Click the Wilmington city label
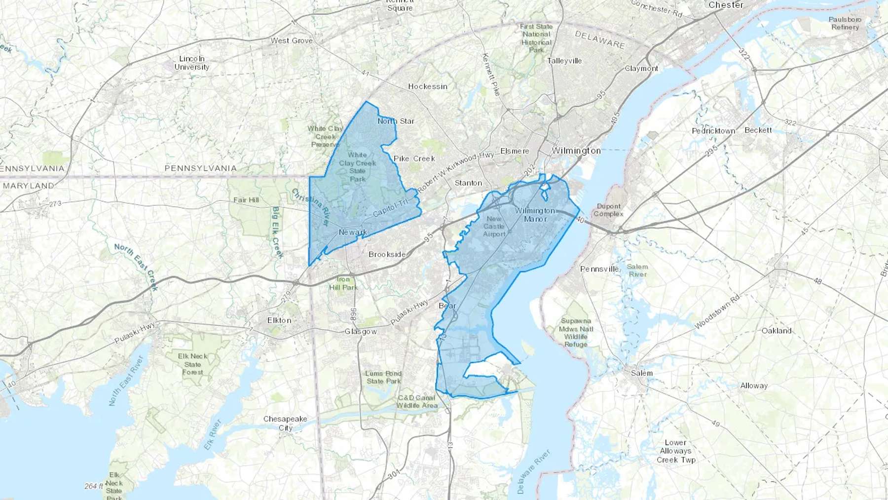click(x=576, y=151)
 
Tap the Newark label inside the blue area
click(x=353, y=232)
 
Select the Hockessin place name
click(x=428, y=86)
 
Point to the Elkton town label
click(x=279, y=320)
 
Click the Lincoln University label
click(x=192, y=63)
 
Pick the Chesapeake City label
click(x=285, y=423)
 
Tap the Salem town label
click(x=641, y=373)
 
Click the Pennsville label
click(x=599, y=269)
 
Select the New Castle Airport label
click(x=494, y=226)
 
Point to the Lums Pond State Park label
click(x=383, y=377)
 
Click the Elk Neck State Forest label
click(x=192, y=364)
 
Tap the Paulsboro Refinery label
click(x=845, y=23)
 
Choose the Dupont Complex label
click(x=608, y=210)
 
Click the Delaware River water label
click(x=534, y=471)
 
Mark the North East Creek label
click(x=136, y=267)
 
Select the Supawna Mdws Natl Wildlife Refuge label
click(x=576, y=332)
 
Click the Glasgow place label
click(x=361, y=332)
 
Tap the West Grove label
click(x=292, y=40)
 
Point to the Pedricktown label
click(x=713, y=131)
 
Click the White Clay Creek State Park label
click(x=357, y=167)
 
